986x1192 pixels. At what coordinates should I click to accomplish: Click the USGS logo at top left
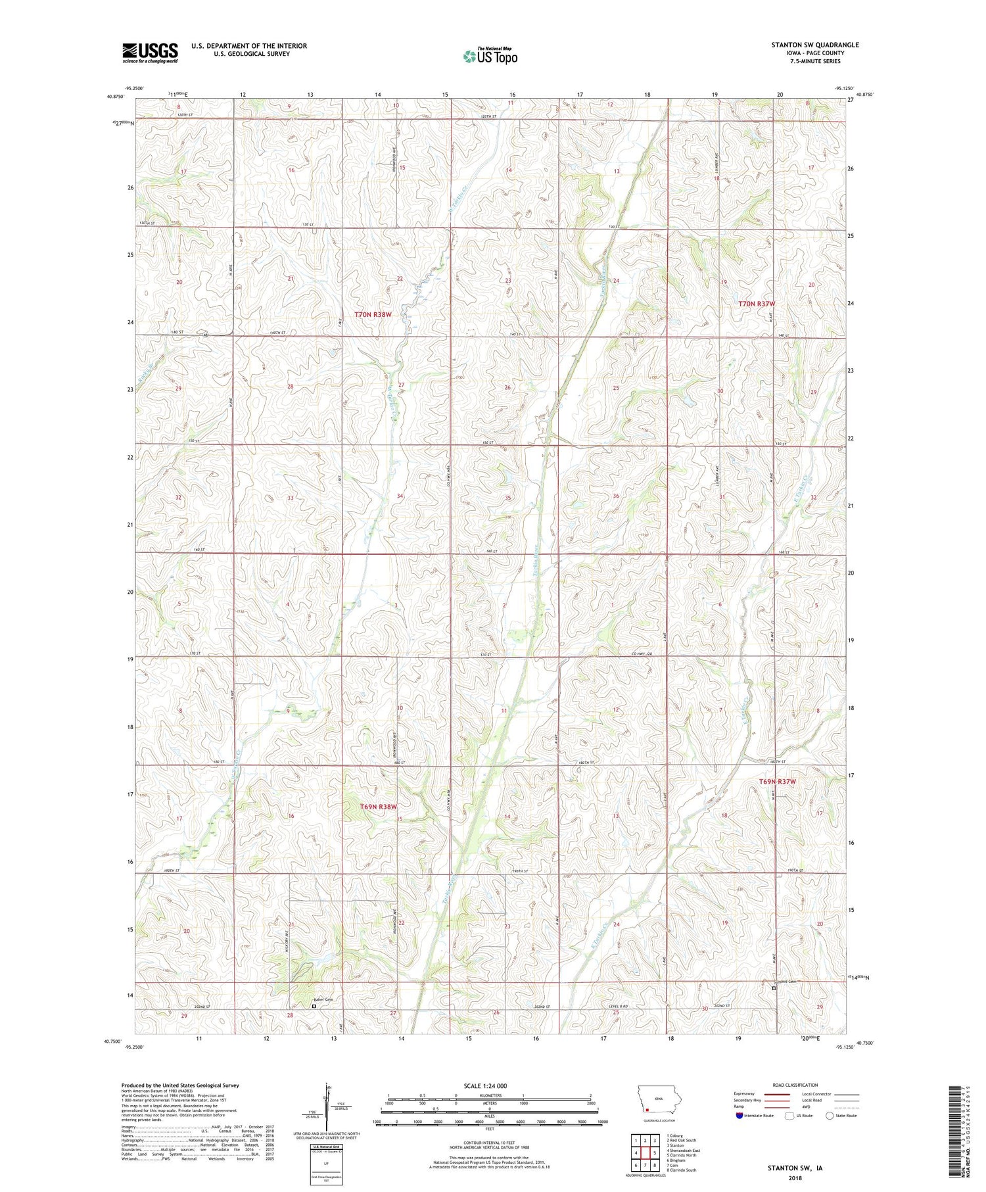click(150, 53)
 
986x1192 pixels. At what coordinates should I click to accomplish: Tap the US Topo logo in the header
click(490, 57)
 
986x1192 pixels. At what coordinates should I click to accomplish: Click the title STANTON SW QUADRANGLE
click(814, 45)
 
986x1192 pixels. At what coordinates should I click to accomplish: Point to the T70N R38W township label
click(373, 314)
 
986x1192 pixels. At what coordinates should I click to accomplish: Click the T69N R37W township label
click(777, 782)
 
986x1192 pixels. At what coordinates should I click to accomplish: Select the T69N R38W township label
click(379, 807)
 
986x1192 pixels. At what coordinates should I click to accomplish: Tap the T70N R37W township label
click(757, 304)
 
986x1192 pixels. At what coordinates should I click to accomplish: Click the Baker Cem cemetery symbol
click(314, 1005)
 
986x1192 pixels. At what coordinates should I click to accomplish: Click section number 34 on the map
click(400, 496)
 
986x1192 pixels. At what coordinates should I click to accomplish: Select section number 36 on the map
click(616, 496)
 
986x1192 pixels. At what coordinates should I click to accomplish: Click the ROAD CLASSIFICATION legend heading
click(795, 1085)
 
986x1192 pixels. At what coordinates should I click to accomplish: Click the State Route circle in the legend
click(830, 1115)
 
